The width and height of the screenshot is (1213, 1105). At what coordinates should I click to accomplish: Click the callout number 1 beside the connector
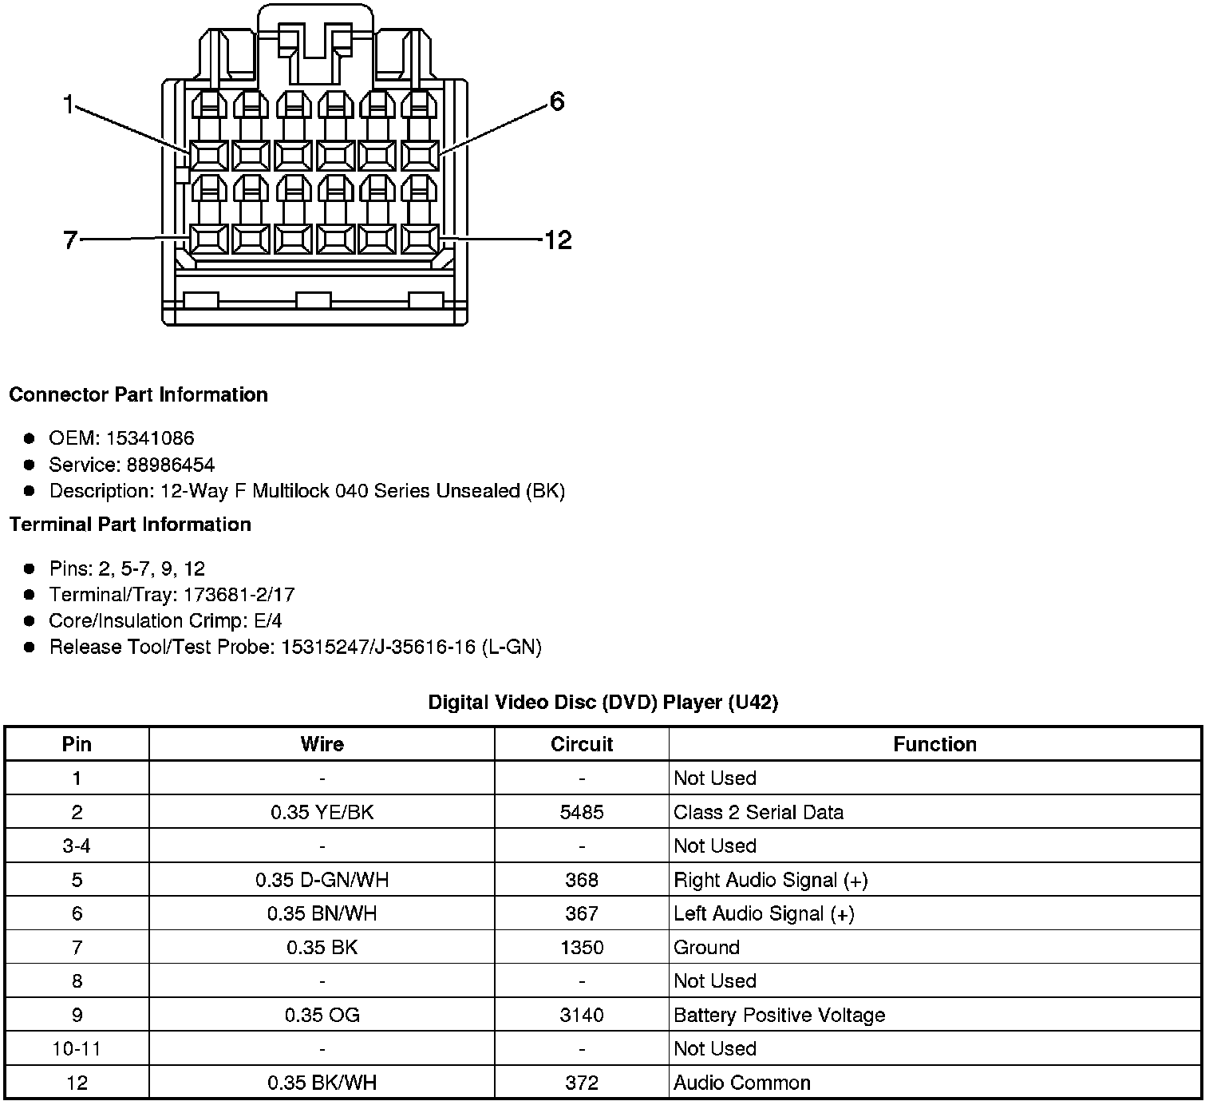69,104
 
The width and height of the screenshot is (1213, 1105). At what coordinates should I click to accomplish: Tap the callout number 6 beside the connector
556,101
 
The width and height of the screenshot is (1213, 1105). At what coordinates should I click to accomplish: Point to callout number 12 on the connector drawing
557,240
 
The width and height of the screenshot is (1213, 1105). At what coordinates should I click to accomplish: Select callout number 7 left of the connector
70,240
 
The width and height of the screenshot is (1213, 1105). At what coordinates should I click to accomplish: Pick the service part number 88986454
170,465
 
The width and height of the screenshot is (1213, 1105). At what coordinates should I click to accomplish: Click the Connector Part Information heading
138,394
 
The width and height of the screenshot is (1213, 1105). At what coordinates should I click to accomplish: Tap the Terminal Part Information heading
130,524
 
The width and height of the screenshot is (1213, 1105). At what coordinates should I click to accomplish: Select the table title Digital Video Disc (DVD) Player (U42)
603,703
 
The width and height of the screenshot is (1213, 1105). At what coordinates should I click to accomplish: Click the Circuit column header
581,744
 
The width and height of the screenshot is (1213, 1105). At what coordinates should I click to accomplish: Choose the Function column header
934,744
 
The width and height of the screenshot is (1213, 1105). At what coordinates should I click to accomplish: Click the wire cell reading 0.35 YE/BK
322,812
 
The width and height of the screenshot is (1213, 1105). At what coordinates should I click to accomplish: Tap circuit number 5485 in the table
581,812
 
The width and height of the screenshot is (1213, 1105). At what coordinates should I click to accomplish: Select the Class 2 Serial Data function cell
758,812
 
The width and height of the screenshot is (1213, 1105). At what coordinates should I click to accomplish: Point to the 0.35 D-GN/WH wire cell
322,880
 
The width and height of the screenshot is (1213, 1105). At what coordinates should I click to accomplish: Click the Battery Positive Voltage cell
779,1015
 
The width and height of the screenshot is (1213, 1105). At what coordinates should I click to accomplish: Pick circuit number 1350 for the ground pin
581,948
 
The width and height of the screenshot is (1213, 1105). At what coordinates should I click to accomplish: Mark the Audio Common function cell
741,1083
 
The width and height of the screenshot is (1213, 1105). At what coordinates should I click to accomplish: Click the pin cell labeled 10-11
77,1048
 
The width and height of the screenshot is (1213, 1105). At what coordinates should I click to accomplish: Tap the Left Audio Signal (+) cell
764,913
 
